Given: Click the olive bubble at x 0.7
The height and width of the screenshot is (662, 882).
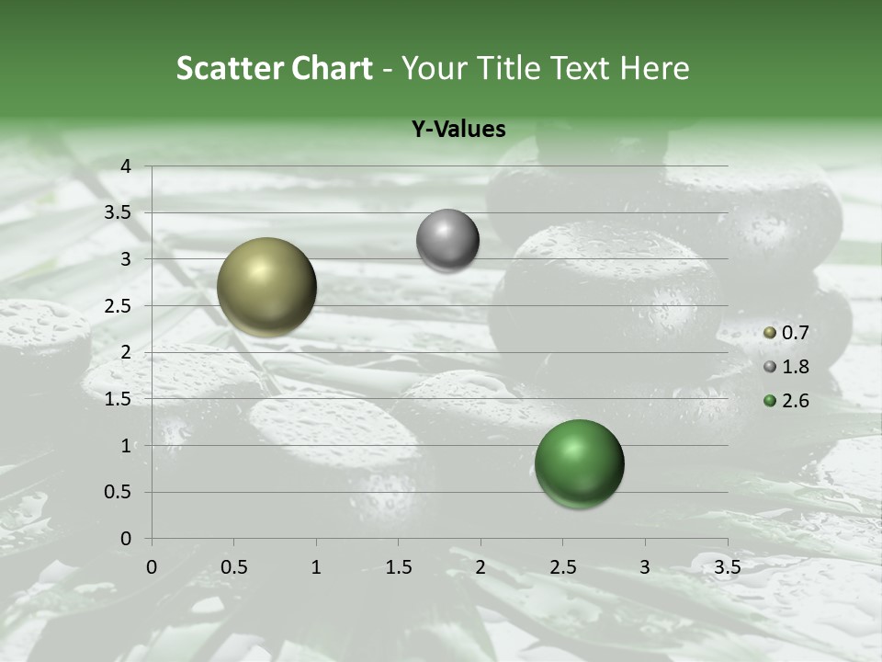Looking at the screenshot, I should point(266,287).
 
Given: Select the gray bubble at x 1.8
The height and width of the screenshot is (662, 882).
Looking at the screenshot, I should point(447,241).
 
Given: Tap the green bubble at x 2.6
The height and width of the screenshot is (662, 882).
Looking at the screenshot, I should point(579,463).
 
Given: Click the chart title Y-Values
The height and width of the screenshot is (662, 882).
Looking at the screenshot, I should point(458,130).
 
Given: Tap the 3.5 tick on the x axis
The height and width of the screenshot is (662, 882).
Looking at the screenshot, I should point(727,567).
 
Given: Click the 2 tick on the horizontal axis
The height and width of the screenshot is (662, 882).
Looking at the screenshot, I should point(481,567).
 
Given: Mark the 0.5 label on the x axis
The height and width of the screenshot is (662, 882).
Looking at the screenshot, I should point(233,567).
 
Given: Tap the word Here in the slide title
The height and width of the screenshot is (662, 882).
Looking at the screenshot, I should point(654,68).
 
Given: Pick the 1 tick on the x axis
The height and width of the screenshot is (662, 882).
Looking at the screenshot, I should point(316,567).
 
